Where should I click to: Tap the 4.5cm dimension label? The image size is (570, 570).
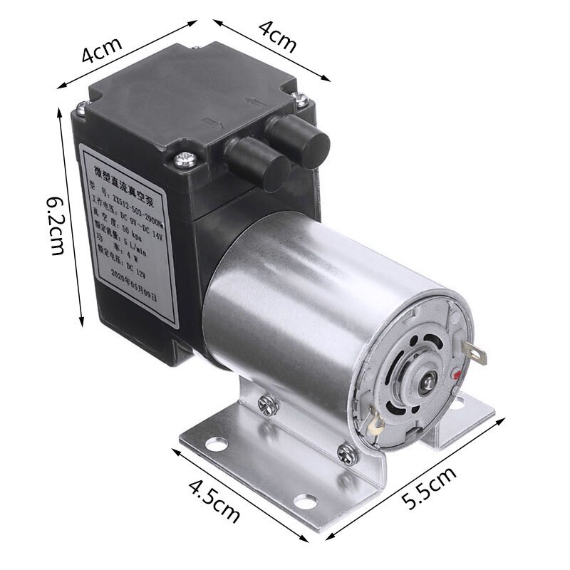(214, 501)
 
